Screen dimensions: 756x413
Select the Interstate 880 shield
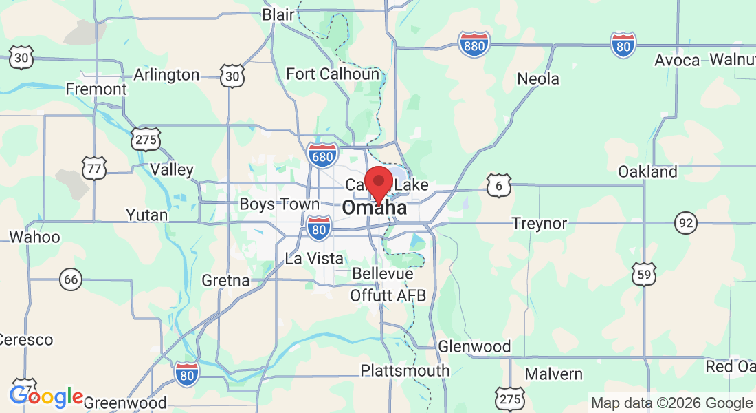[474, 44]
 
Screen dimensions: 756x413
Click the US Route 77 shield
[93, 168]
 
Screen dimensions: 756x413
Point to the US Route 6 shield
[499, 184]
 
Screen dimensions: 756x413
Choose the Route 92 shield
[685, 222]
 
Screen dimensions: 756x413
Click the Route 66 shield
[70, 279]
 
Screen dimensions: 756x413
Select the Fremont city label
[96, 89]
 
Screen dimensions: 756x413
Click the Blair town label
[278, 14]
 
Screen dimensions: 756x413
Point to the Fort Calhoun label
[333, 74]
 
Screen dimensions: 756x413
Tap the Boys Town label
[279, 204]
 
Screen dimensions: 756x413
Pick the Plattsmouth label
[405, 370]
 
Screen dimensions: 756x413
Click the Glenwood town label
[474, 346]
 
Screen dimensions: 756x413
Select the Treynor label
[540, 223]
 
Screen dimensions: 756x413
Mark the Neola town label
[538, 79]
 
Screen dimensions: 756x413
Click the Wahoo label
[34, 237]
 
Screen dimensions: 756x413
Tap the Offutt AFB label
[388, 296]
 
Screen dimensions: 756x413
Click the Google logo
[46, 396]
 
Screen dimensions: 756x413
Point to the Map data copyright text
[671, 403]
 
